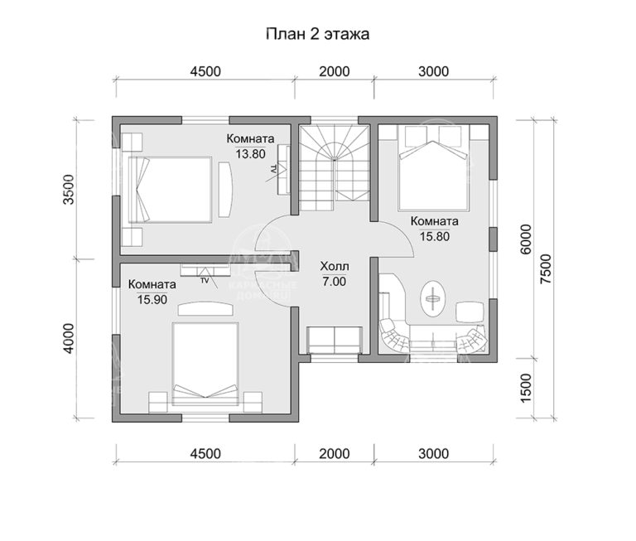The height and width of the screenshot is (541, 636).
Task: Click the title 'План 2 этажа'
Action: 317,34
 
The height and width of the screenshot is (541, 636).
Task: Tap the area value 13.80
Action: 251,153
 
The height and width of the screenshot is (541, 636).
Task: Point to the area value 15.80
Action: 434,236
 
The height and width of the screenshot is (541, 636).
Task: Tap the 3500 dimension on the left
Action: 69,190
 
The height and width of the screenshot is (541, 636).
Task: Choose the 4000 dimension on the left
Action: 69,339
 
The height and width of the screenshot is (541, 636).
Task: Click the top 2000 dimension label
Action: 334,71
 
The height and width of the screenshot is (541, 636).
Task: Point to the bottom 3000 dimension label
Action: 432,453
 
